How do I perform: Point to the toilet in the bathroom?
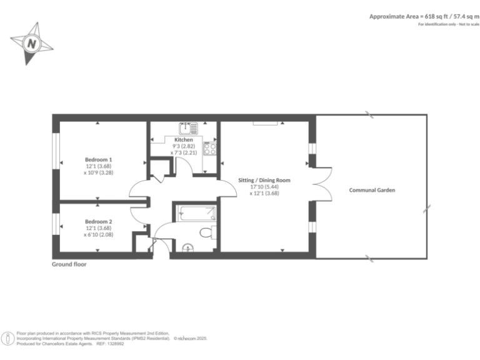click(x=207, y=232)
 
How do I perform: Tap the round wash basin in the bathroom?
click(x=187, y=248)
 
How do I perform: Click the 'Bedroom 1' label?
click(x=98, y=159)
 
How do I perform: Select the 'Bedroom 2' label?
click(x=98, y=221)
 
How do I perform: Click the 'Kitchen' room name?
click(x=183, y=139)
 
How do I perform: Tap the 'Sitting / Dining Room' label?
click(x=264, y=180)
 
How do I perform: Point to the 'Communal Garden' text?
click(x=372, y=190)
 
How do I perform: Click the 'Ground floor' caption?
click(x=69, y=264)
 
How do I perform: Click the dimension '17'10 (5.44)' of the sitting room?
click(x=264, y=186)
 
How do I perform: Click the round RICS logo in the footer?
click(x=8, y=339)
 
